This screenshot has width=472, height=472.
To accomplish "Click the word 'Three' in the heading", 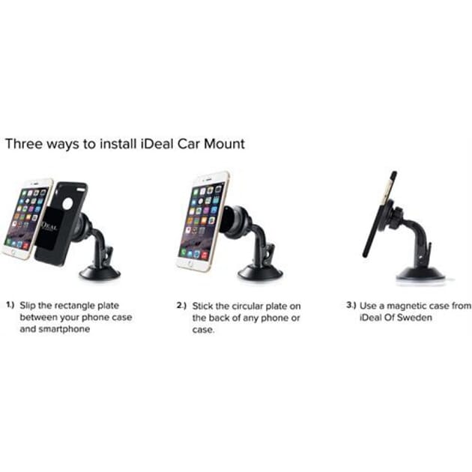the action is (x=24, y=144).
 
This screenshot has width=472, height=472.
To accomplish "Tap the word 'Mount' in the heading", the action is (x=224, y=144).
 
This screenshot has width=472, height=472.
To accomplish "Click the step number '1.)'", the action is (x=10, y=305).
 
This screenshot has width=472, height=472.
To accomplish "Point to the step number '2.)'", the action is (x=181, y=306).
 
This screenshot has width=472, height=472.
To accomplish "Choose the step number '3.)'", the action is (x=351, y=305).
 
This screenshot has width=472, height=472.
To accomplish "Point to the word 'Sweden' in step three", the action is (x=417, y=317).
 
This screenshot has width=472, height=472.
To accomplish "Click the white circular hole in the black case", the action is (x=67, y=204).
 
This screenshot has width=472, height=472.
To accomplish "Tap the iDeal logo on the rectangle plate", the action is (x=49, y=226).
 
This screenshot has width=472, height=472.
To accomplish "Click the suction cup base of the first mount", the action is (x=100, y=273).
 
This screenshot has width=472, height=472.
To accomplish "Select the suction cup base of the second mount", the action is (x=260, y=273).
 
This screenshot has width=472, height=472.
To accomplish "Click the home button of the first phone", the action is (x=13, y=252).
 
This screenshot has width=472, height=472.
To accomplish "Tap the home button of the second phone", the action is (x=190, y=264).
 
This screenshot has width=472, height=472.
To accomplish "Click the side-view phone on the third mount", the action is (x=380, y=214).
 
